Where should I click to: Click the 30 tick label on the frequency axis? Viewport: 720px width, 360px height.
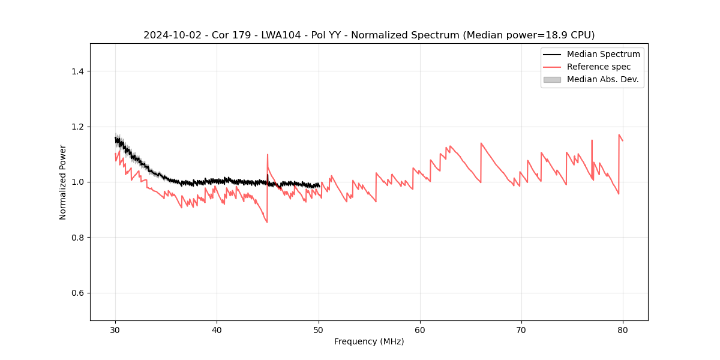tap(115, 330)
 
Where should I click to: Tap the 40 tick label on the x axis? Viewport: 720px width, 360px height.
tap(217, 330)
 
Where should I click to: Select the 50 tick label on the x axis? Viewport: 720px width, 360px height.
tap(319, 330)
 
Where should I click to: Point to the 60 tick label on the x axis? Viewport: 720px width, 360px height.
tap(420, 330)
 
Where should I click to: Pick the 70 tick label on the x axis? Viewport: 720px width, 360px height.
tap(521, 330)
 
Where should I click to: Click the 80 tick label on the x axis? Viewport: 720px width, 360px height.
tap(623, 330)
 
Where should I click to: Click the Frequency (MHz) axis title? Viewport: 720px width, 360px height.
tap(369, 341)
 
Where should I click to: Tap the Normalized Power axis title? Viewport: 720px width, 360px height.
tap(63, 182)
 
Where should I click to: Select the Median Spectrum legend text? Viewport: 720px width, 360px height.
tap(603, 54)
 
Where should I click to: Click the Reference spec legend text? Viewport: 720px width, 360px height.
tap(599, 67)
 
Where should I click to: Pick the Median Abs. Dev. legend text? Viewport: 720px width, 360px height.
tap(603, 79)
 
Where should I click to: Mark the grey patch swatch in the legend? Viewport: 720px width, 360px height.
tap(552, 79)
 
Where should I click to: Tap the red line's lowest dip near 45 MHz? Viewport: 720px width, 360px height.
tap(267, 222)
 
